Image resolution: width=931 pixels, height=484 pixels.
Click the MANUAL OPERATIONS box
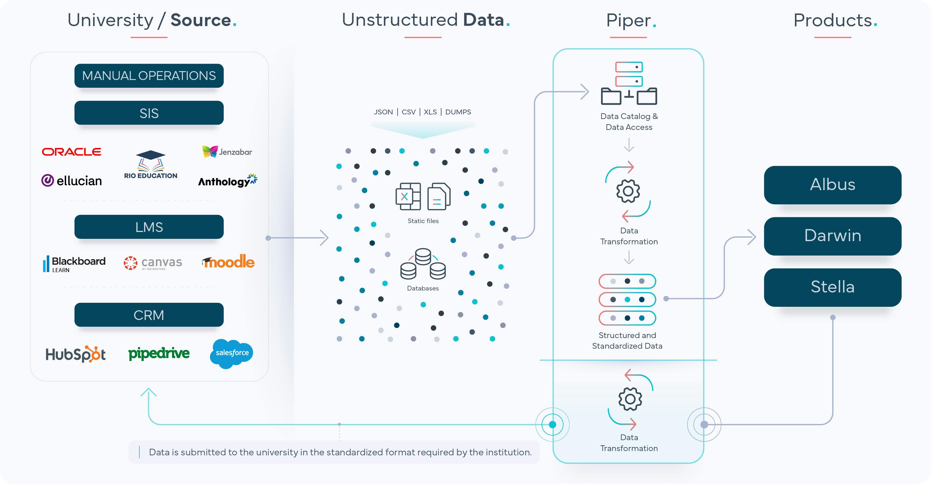point(149,76)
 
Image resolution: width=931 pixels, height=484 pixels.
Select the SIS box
point(149,113)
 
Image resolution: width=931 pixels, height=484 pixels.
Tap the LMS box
point(149,227)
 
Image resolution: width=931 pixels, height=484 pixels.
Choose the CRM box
point(149,315)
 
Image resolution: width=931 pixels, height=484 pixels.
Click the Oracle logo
point(72,152)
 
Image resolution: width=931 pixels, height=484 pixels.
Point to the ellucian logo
point(72,180)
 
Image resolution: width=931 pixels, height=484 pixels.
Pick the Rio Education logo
point(151,165)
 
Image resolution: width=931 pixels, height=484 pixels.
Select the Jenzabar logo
point(227,152)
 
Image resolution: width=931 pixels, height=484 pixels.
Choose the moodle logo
point(228,261)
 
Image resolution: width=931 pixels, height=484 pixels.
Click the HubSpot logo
point(76,354)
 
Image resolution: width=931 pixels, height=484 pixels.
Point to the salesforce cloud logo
point(232,353)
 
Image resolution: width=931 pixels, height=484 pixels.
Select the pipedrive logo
point(159,353)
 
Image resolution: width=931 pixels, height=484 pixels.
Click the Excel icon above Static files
point(408,196)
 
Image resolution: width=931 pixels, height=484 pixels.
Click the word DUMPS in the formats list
point(458,112)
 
